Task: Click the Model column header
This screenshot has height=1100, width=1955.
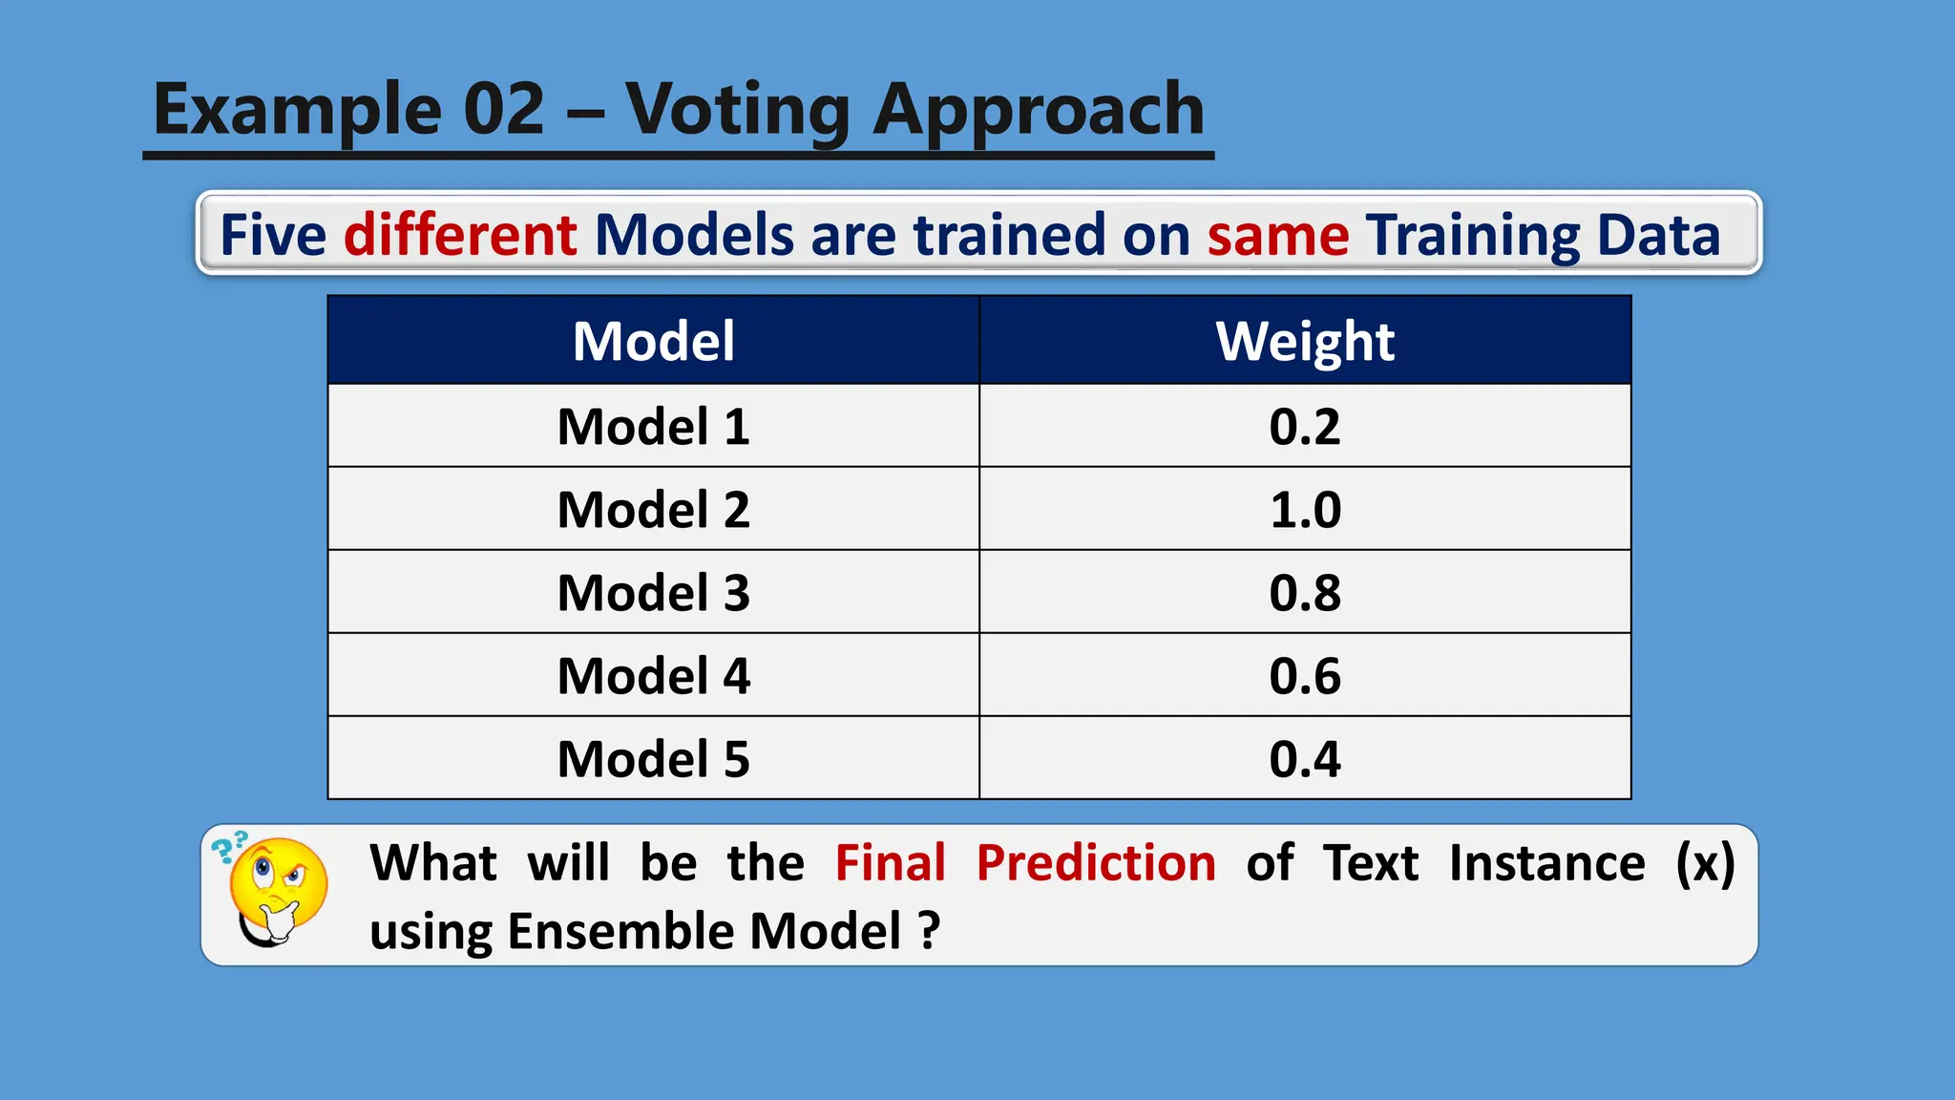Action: [x=654, y=341]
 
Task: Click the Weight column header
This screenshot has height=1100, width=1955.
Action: [x=1305, y=341]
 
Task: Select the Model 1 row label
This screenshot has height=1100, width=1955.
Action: [x=654, y=426]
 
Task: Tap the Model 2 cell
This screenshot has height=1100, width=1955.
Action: [x=654, y=509]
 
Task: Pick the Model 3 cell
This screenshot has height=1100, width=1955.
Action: [x=654, y=592]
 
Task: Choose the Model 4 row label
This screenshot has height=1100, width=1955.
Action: [x=654, y=675]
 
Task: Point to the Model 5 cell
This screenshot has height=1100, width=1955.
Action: [x=654, y=758]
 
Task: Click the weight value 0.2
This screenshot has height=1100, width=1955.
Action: [x=1305, y=426]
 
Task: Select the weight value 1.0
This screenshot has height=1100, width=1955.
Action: [x=1305, y=509]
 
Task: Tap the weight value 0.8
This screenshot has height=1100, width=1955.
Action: [x=1305, y=592]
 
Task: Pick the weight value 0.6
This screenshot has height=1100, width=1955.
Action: [x=1305, y=675]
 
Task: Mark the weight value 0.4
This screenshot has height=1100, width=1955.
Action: [x=1305, y=758]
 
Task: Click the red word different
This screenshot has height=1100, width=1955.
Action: [x=460, y=235]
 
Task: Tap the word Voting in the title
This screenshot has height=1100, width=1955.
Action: [x=737, y=110]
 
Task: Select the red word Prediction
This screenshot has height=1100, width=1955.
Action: [x=1096, y=862]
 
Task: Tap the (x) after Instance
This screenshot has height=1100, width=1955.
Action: [x=1705, y=862]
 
